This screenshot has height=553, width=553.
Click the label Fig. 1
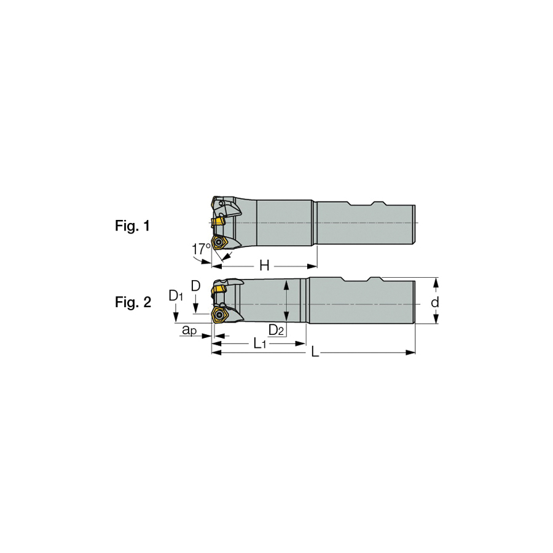[x=132, y=226]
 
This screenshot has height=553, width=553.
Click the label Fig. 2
[x=133, y=302]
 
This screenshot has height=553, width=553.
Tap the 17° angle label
[x=201, y=249]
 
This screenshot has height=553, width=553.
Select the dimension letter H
[x=264, y=265]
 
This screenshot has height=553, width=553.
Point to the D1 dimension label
[x=176, y=296]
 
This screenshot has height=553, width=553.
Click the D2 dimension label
[x=276, y=331]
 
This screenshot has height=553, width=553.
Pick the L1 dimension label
[x=259, y=343]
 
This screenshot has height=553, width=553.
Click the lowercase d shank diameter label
[x=435, y=302]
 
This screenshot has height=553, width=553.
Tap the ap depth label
[x=189, y=331]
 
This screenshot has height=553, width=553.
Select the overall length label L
[x=315, y=352]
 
